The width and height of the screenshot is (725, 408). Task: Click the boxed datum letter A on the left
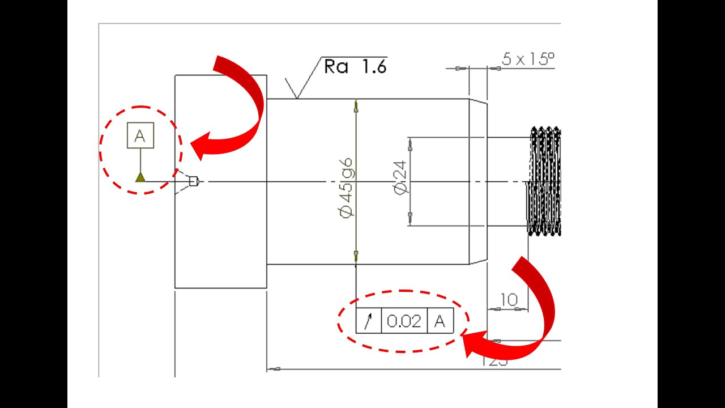click(x=140, y=136)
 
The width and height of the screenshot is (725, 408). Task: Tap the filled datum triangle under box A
click(x=140, y=178)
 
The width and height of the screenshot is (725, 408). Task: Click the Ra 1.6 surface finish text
click(x=355, y=67)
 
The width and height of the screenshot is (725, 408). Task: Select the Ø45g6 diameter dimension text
click(x=347, y=186)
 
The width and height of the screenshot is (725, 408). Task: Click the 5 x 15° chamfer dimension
click(x=527, y=59)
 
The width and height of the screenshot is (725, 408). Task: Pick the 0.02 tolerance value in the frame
click(x=404, y=322)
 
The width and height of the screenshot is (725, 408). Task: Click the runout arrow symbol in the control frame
click(x=368, y=322)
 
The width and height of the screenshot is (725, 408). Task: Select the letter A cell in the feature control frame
click(x=440, y=322)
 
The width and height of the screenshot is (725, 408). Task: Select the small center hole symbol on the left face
click(x=193, y=181)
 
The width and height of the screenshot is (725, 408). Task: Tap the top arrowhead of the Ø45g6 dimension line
click(x=356, y=105)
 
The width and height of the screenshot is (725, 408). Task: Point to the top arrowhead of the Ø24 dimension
click(x=410, y=144)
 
